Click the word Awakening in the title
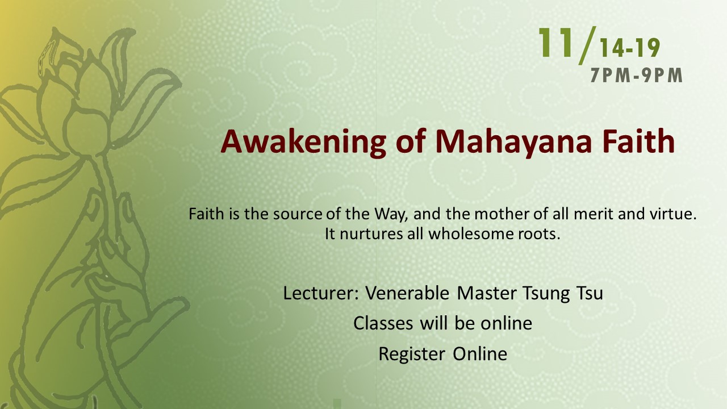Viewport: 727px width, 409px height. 303,142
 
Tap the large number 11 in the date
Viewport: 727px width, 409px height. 555,43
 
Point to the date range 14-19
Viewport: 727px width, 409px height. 630,48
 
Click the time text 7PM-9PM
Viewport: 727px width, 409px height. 637,76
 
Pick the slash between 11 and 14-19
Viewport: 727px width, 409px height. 588,45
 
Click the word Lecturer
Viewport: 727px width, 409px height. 321,293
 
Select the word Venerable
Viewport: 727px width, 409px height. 407,293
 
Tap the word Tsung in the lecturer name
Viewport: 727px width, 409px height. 546,294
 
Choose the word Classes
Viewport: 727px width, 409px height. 383,323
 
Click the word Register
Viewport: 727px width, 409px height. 412,354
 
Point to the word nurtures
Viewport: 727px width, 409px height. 371,234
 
